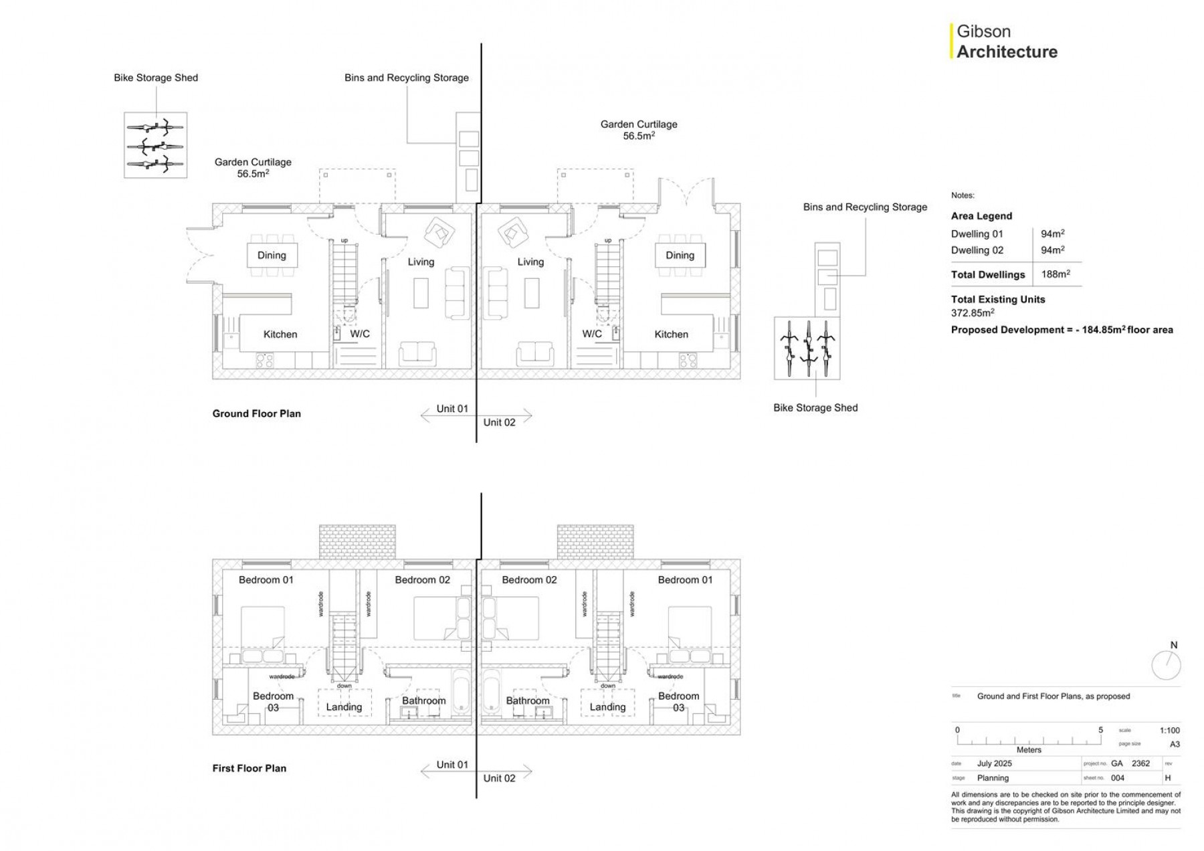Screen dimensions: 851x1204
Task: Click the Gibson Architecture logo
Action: pos(1005,41)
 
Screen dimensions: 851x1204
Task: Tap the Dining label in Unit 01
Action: pos(272,255)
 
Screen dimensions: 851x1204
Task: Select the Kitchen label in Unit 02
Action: pos(671,335)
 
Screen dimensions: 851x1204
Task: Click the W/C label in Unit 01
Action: pos(360,334)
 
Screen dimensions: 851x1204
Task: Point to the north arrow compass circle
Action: pos(1166,666)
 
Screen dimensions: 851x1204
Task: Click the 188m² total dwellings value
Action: pos(1056,274)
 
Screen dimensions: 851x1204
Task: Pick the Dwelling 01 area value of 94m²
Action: pos(1052,233)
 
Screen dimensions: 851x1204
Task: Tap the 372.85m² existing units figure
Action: pos(973,313)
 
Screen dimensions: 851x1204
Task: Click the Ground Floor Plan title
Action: pos(256,413)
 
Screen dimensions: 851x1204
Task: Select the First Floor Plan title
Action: pos(249,768)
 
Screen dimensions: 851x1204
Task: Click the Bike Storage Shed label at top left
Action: pos(156,78)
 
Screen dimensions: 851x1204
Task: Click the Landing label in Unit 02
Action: pos(607,706)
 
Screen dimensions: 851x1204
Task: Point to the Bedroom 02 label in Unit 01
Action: pos(422,580)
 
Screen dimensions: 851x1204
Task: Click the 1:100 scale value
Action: pos(1169,731)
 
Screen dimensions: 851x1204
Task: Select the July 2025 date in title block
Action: pos(994,763)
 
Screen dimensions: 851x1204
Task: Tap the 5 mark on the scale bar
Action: pos(1100,730)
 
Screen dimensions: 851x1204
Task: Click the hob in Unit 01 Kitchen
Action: pos(265,361)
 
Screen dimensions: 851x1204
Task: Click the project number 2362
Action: pos(1140,763)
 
